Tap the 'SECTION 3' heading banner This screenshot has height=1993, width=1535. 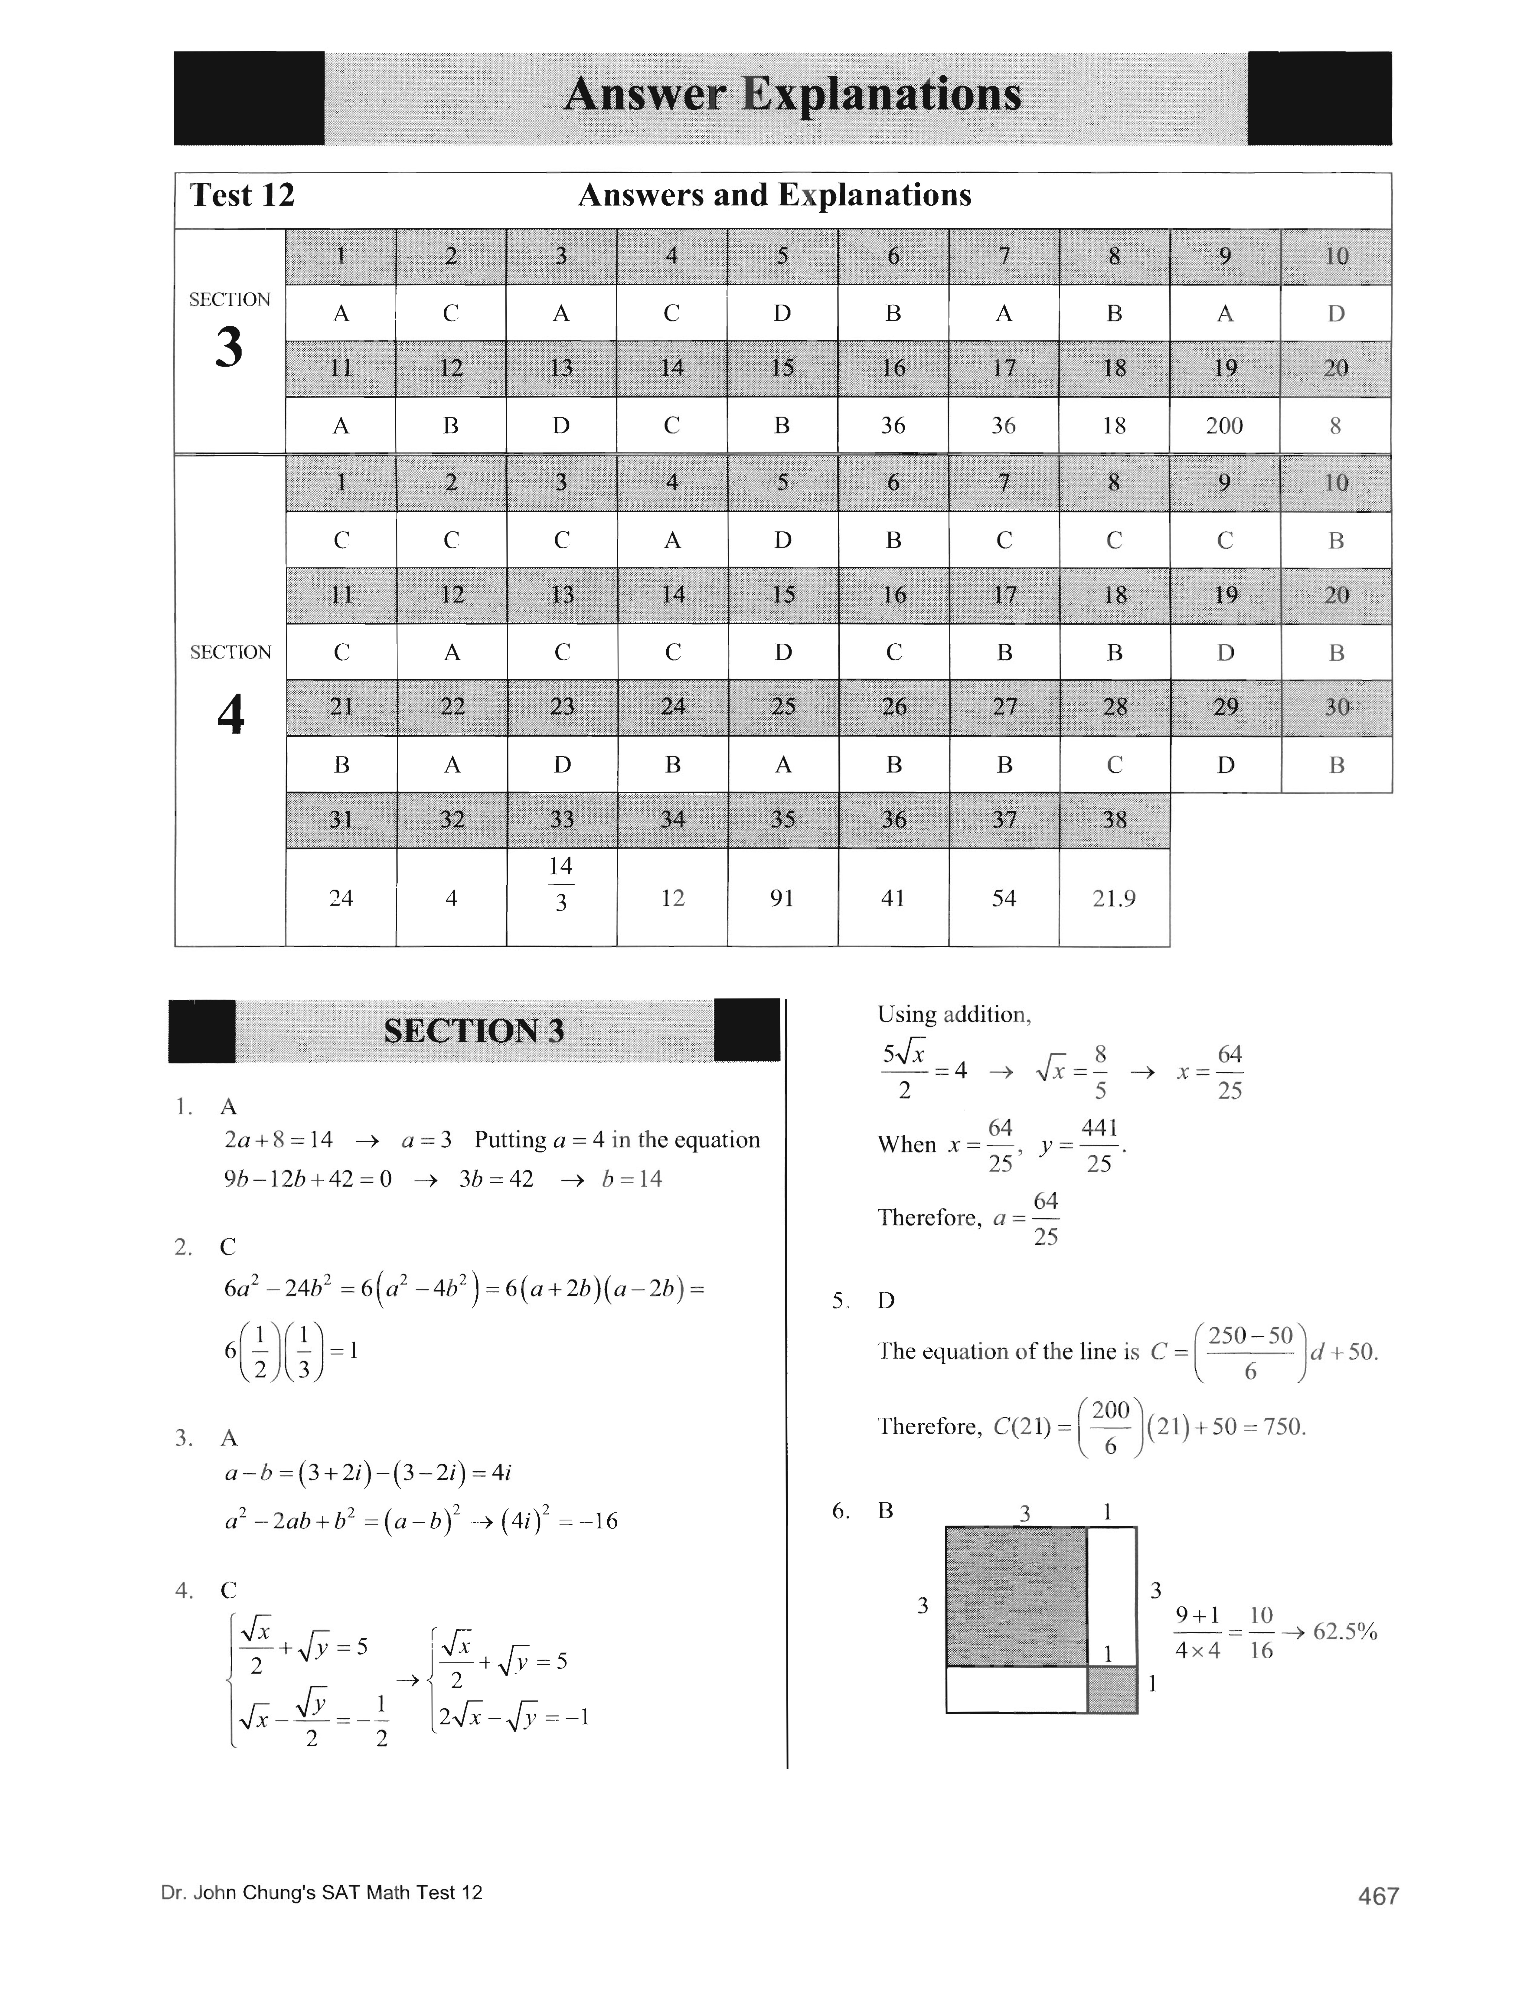click(x=474, y=1031)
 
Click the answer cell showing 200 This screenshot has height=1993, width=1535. click(x=1224, y=425)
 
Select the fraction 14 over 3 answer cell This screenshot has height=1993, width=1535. click(x=561, y=883)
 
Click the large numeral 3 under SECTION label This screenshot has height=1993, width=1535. click(x=229, y=348)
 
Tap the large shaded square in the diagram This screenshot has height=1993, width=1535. click(x=1016, y=1596)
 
